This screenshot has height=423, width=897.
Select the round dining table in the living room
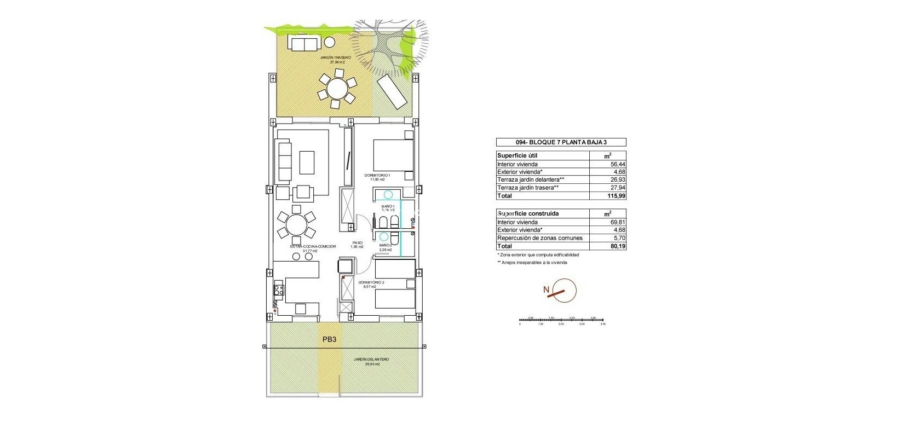tap(296, 224)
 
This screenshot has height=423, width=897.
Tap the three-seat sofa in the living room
tap(284, 163)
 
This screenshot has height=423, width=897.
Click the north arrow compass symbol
tap(562, 291)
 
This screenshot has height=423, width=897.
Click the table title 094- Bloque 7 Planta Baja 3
tap(561, 142)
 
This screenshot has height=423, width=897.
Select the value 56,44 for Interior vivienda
tap(615, 164)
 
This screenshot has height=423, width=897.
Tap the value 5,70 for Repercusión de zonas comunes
tap(618, 238)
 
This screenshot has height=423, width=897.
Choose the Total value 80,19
tap(617, 246)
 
